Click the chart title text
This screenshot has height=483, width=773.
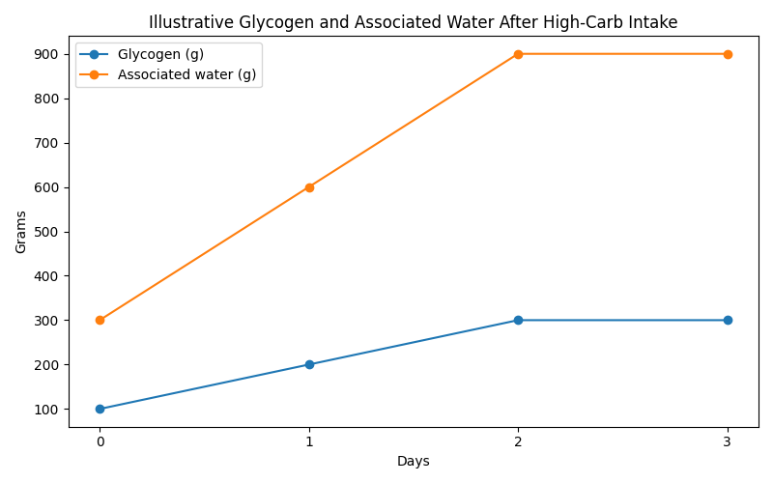(413, 22)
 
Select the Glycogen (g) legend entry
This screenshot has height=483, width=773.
(160, 54)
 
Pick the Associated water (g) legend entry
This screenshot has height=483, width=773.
(186, 75)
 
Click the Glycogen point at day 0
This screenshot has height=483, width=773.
(100, 409)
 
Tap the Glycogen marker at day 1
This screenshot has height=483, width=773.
(309, 364)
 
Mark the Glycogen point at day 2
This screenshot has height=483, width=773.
(518, 320)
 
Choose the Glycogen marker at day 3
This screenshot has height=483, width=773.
(728, 320)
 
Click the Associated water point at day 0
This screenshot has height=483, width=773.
(100, 320)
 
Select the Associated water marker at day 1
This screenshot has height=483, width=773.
(309, 187)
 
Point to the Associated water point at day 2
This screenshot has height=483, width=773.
(518, 54)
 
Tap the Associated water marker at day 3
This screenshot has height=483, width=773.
(728, 54)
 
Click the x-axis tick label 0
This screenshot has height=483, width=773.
(100, 441)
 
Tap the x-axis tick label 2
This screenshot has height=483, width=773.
(518, 441)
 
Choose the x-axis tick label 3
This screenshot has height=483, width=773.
(728, 441)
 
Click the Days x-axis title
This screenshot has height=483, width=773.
(413, 462)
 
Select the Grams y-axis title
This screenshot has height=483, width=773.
(21, 232)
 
